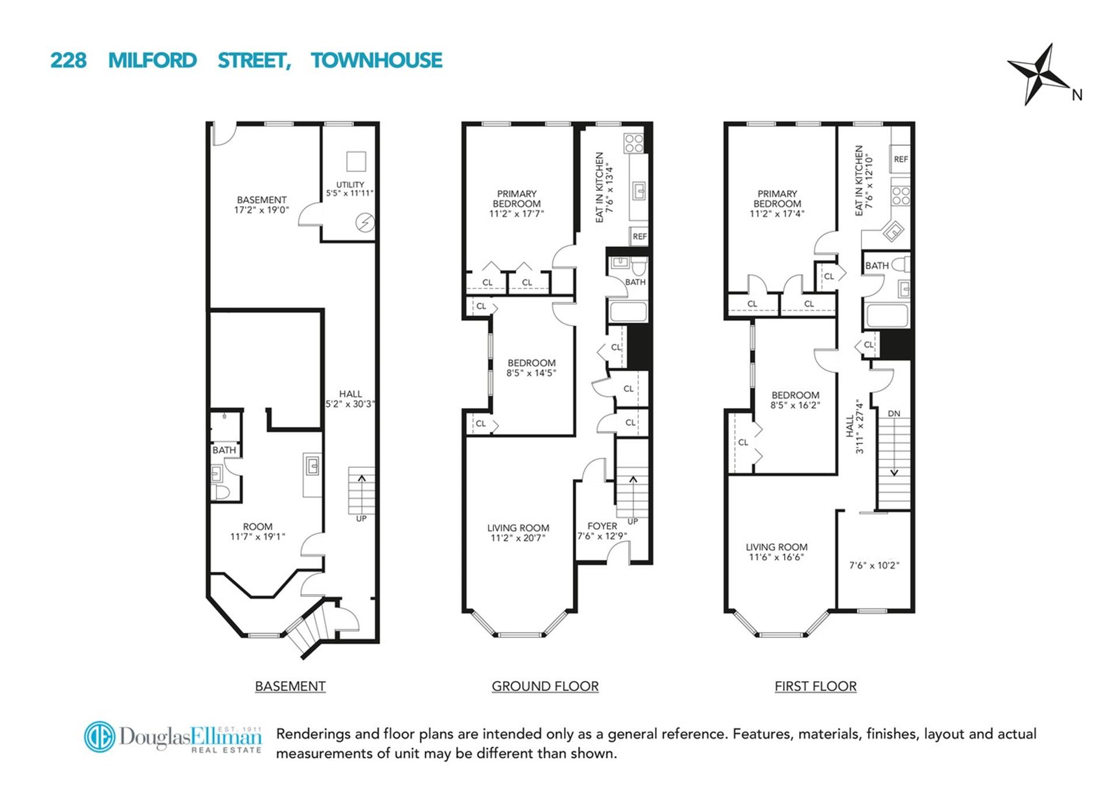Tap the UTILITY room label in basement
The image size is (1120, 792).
(x=349, y=184)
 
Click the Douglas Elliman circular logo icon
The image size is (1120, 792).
(x=99, y=737)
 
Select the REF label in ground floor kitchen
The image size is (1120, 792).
(x=639, y=236)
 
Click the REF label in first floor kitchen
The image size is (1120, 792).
(x=900, y=159)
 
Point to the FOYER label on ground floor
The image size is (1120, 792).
(x=602, y=526)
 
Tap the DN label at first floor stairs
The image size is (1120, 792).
(x=894, y=413)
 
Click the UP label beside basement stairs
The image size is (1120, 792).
(x=361, y=518)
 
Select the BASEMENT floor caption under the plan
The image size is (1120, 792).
(x=290, y=686)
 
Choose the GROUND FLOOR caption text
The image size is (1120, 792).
(x=545, y=686)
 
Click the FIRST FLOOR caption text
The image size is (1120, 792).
(x=815, y=686)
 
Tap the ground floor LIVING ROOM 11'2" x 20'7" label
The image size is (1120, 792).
(x=518, y=532)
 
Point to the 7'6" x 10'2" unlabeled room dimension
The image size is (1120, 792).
(x=874, y=565)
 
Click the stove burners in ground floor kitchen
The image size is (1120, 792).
(x=633, y=143)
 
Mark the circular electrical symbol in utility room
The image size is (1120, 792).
(x=365, y=222)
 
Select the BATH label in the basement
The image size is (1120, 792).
(x=224, y=450)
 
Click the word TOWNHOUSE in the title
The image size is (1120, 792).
(x=376, y=60)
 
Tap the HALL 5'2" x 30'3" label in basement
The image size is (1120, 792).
(x=350, y=399)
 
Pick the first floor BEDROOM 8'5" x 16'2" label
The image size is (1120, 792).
(x=795, y=400)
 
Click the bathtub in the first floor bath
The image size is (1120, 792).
(x=887, y=316)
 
